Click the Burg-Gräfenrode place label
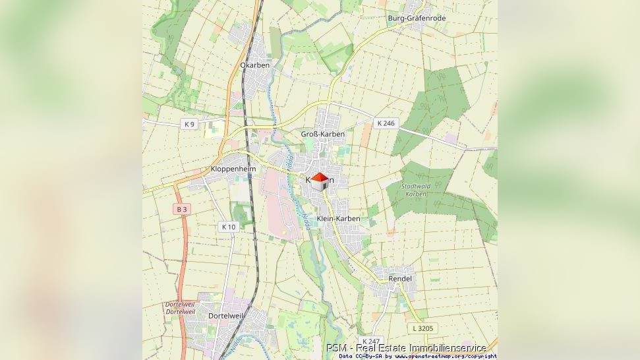[x=417, y=18]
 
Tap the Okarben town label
[x=254, y=65]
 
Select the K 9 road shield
[x=189, y=124]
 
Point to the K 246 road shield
[x=385, y=123]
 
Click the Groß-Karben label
[x=323, y=134]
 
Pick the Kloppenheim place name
[x=233, y=169]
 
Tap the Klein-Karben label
[x=338, y=218]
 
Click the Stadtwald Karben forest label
[x=417, y=190]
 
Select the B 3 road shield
[x=182, y=209]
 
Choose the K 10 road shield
[x=228, y=227]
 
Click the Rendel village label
[x=400, y=279]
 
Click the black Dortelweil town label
[x=225, y=316]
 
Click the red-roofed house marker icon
[x=320, y=181]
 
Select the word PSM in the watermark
[x=336, y=347]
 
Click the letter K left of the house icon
[x=308, y=179]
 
